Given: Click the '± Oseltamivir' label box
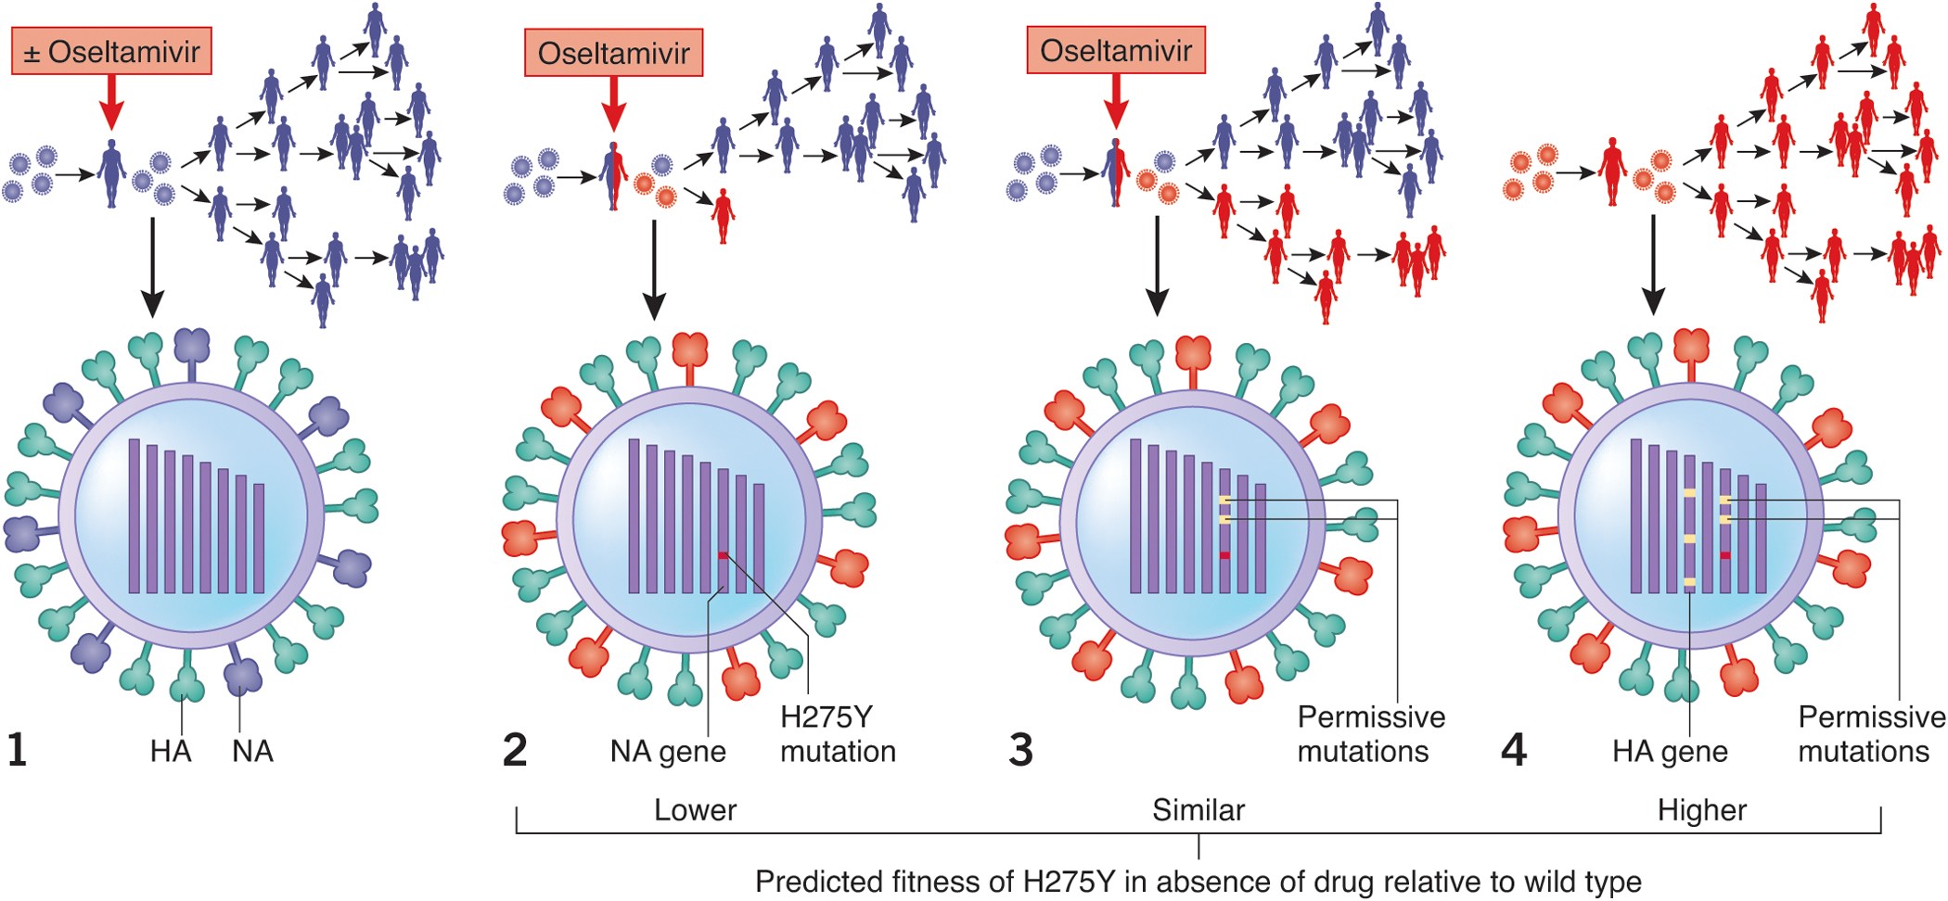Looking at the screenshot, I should pyautogui.click(x=111, y=52).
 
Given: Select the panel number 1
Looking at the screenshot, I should pyautogui.click(x=17, y=749).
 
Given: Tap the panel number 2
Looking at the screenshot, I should pyautogui.click(x=515, y=749).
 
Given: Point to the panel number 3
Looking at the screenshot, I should pyautogui.click(x=1020, y=749).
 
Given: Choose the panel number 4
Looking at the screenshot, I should pyautogui.click(x=1514, y=749).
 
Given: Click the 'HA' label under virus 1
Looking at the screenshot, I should pyautogui.click(x=171, y=751).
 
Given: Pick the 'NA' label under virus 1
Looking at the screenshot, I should pyautogui.click(x=252, y=751).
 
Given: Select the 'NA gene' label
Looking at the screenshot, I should pyautogui.click(x=668, y=751).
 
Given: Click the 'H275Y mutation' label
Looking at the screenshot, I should pyautogui.click(x=837, y=733).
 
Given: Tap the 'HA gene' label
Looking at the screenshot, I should pyautogui.click(x=1670, y=751).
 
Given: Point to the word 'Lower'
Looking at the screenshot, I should pyautogui.click(x=695, y=810).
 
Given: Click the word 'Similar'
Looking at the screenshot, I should pyautogui.click(x=1198, y=810).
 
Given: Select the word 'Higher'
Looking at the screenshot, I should pyautogui.click(x=1702, y=810).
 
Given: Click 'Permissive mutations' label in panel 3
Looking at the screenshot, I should pyautogui.click(x=1370, y=733).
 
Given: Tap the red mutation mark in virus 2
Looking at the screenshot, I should pyautogui.click(x=723, y=555).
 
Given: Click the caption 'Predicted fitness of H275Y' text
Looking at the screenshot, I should pyautogui.click(x=1198, y=881).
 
